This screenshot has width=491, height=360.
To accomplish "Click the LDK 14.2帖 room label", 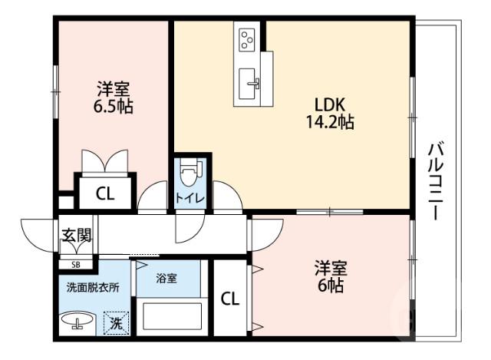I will (331, 112).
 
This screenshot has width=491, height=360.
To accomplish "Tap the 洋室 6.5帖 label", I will (113, 97).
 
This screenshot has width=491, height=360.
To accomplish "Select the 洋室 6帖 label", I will (331, 277).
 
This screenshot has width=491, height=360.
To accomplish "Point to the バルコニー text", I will (434, 181).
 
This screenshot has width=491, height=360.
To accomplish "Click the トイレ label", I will (189, 198).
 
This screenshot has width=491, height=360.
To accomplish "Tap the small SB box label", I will (75, 265).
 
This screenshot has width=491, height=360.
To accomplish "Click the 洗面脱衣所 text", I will (92, 288).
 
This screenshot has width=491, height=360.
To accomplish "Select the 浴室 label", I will (167, 278).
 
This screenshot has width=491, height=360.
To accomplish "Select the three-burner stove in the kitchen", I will (248, 38).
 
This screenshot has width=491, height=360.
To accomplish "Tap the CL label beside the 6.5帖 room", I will (105, 194).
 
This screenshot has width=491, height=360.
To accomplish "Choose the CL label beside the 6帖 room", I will (229, 299).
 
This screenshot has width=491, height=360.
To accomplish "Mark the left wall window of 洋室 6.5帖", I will (55, 91).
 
